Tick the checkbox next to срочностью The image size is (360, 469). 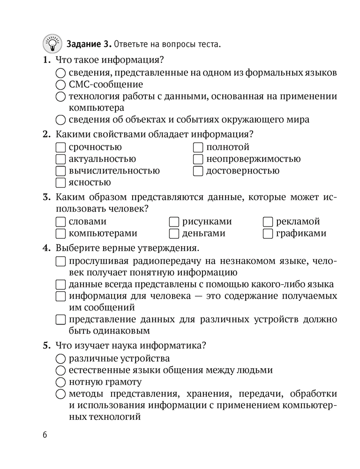click(x=60, y=147)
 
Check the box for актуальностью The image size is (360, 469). click(x=60, y=159)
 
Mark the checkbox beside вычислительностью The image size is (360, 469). click(x=60, y=171)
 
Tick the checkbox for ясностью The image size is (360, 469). click(x=60, y=182)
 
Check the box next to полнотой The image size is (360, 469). click(x=198, y=147)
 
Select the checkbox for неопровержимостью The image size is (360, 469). click(x=198, y=159)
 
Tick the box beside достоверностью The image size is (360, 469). click(x=198, y=171)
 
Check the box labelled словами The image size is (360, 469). click(x=60, y=221)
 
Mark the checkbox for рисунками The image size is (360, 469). click(x=174, y=221)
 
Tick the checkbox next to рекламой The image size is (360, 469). click(x=268, y=221)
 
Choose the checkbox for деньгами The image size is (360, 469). click(x=174, y=233)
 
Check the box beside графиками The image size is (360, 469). click(x=268, y=233)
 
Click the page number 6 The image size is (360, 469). click(x=45, y=435)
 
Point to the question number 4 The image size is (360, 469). click(x=46, y=247)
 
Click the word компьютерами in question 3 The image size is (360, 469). click(x=103, y=233)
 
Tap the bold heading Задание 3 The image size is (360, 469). click(x=89, y=45)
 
